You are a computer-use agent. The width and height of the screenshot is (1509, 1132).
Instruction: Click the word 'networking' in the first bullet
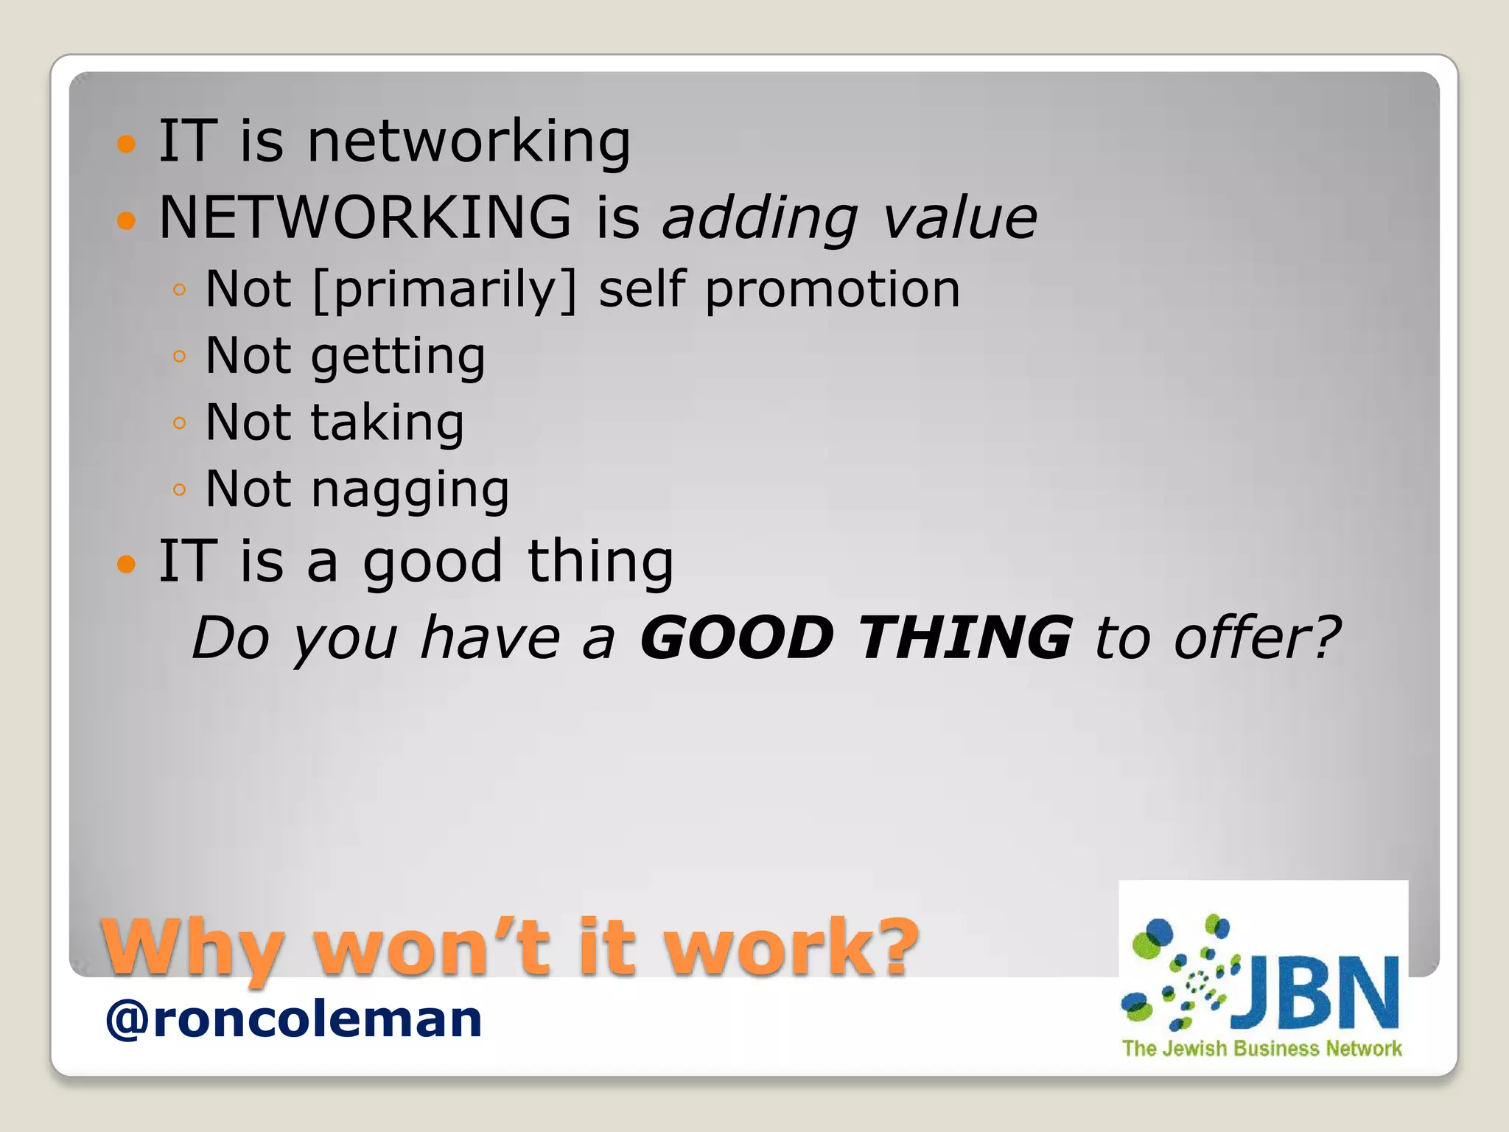(469, 141)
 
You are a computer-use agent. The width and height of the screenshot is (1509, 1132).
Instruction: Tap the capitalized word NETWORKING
(365, 217)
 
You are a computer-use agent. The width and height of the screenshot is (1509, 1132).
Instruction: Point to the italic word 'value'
(960, 217)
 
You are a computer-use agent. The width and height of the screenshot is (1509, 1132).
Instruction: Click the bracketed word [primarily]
(445, 290)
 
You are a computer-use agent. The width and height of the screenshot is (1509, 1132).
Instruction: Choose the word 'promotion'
(833, 290)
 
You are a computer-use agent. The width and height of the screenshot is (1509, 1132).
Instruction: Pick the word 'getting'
(398, 357)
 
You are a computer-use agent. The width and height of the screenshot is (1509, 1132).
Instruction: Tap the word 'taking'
(388, 423)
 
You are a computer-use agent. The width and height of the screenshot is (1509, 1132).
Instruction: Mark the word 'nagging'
(410, 490)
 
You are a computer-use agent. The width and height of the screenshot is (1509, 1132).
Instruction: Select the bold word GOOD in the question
(737, 637)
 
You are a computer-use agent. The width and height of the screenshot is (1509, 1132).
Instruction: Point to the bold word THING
(965, 637)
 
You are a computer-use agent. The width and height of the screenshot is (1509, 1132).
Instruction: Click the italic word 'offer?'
(1257, 637)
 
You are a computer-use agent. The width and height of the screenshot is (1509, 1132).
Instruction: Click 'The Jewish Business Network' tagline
(1261, 1049)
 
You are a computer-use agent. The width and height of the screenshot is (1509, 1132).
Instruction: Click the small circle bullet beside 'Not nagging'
(179, 489)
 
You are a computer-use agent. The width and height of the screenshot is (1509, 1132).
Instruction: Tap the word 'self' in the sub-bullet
(642, 290)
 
